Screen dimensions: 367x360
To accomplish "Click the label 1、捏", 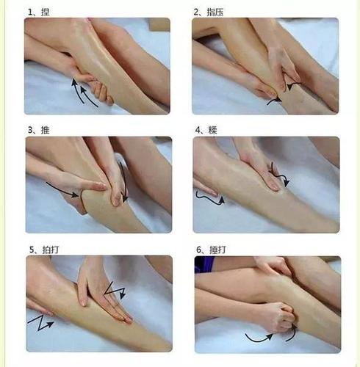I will [x=37, y=12].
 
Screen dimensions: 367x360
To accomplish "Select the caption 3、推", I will [x=37, y=130].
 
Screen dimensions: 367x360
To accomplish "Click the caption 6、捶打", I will [x=209, y=250].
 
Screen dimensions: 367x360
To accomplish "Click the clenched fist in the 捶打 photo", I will [x=276, y=316].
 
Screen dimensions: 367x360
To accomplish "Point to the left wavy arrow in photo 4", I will [x=207, y=195].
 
